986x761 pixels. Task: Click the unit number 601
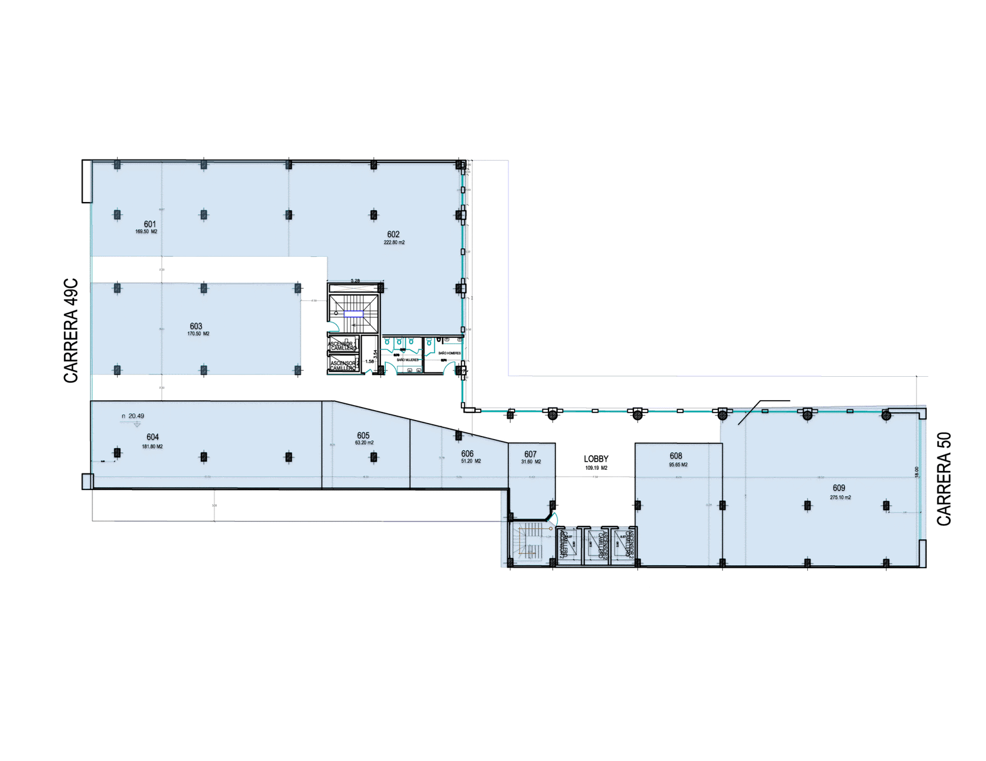tap(150, 224)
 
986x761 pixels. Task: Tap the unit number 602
tap(393, 234)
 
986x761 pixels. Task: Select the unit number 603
tap(196, 326)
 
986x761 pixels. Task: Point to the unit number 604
tap(153, 437)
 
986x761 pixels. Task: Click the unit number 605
tap(363, 436)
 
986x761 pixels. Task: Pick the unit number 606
tap(467, 454)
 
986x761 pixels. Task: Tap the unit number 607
tap(530, 454)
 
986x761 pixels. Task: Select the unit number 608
tap(676, 456)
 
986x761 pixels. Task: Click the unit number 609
tap(839, 488)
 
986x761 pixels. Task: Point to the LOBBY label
tap(596, 459)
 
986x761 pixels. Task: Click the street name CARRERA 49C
tap(71, 331)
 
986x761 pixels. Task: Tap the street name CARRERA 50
tap(944, 478)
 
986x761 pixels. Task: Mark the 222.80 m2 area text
tap(394, 243)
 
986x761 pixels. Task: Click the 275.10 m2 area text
tap(840, 497)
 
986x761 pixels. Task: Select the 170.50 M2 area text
tap(198, 334)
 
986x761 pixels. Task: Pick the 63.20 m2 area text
tap(364, 443)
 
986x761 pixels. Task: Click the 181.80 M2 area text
tap(152, 446)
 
